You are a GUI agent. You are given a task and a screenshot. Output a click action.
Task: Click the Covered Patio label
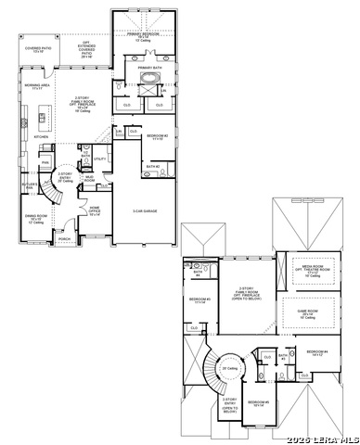point(38,50)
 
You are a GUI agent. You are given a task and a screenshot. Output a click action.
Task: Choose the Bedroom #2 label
point(157,138)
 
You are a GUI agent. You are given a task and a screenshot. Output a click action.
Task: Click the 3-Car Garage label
point(145,211)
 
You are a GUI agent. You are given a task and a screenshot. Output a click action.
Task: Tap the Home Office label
point(94,210)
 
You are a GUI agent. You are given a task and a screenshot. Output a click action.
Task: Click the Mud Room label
point(90,177)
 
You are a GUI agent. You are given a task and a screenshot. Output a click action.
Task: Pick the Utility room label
point(100,159)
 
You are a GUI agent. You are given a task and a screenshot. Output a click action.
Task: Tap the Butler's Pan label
point(29,185)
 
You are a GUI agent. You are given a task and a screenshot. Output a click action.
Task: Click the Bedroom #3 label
point(199,300)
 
